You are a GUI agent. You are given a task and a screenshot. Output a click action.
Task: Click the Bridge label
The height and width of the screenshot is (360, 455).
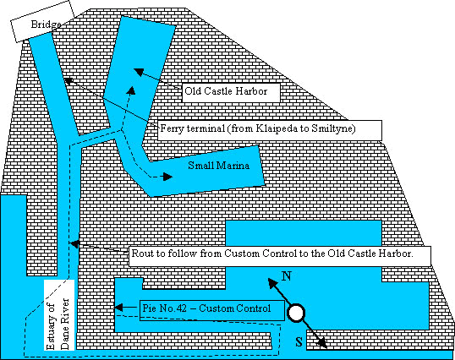(46, 25)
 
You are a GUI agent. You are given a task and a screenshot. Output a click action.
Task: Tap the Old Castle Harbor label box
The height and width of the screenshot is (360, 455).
(231, 92)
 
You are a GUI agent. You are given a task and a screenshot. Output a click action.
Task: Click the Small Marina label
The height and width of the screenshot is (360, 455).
(218, 166)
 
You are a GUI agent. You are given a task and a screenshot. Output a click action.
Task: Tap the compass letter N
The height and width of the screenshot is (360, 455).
(287, 276)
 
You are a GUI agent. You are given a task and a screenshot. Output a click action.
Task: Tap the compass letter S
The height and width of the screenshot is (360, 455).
(299, 341)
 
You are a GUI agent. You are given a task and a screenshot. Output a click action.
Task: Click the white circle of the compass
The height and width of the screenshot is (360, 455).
(296, 313)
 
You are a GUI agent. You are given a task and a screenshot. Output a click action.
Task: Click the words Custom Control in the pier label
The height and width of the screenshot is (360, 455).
(235, 308)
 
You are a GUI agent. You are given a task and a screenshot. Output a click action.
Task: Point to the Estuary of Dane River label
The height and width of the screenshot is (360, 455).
(59, 315)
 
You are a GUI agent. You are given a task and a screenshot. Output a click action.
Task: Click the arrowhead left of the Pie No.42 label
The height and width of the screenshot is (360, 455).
(118, 308)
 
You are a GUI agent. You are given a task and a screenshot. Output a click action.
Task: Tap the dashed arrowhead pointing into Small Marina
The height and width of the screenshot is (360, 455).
(167, 177)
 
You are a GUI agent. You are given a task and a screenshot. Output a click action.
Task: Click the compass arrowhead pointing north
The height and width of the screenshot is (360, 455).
(272, 283)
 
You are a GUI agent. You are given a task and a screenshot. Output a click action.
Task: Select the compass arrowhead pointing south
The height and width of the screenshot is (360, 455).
(322, 343)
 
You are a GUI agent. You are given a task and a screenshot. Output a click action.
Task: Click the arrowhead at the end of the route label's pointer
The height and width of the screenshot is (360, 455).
(75, 244)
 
